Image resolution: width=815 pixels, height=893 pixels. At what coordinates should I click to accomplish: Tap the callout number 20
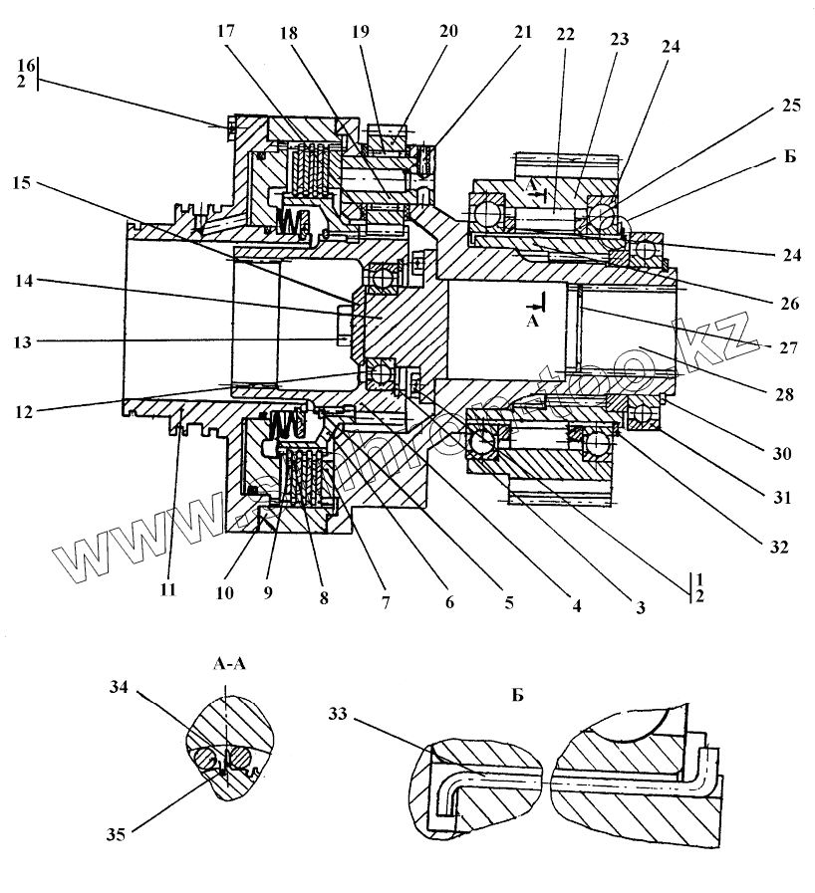point(448,31)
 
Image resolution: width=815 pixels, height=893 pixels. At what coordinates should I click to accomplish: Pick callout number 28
point(785,395)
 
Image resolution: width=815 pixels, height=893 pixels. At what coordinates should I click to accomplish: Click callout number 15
point(23,182)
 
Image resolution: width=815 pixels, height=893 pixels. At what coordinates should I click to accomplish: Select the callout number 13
point(23,341)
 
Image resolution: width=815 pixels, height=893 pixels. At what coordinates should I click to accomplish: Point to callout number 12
point(23,408)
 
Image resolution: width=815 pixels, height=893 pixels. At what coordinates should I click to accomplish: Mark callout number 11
point(166,589)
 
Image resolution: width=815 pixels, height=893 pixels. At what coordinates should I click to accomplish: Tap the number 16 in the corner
point(23,65)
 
